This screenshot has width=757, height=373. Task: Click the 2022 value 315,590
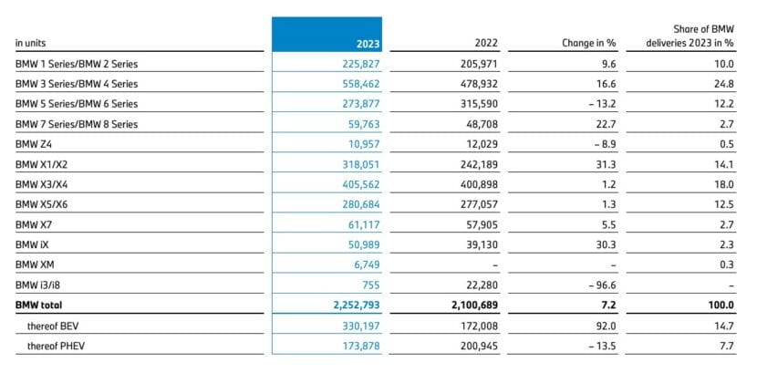(x=472, y=104)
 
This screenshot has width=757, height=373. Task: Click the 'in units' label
(x=32, y=43)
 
